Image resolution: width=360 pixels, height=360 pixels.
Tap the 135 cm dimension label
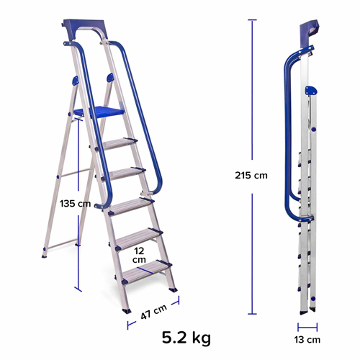[x=74, y=203]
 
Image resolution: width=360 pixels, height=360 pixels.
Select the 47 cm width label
[x=154, y=311]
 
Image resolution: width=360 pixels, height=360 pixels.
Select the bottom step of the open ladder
[x=146, y=272]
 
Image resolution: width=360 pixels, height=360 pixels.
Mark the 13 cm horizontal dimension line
[x=307, y=326]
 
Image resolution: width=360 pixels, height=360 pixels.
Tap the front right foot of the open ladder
[x=174, y=289]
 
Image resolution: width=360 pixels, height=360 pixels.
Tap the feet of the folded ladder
[x=308, y=307]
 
